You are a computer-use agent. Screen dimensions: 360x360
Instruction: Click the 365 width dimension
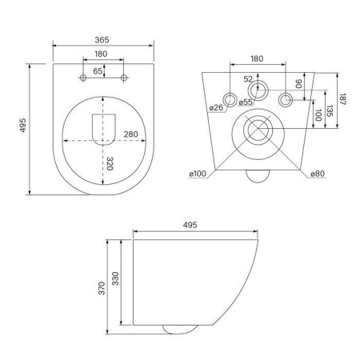pyautogui.click(x=102, y=40)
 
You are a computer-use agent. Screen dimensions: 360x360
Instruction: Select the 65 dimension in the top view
pyautogui.click(x=98, y=71)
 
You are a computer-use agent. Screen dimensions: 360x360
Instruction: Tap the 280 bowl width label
pyautogui.click(x=130, y=134)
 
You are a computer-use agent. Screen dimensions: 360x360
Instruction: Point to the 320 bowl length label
pyautogui.click(x=110, y=163)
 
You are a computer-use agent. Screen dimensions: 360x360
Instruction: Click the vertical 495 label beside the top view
pyautogui.click(x=23, y=125)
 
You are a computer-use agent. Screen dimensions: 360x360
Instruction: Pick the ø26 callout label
pyautogui.click(x=216, y=107)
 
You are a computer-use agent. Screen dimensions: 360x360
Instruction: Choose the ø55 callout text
pyautogui.click(x=246, y=102)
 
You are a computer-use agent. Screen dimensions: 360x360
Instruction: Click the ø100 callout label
pyautogui.click(x=198, y=174)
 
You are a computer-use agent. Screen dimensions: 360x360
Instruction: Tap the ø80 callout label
pyautogui.click(x=318, y=174)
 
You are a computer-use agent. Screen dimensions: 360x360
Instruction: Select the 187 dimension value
pyautogui.click(x=342, y=99)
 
